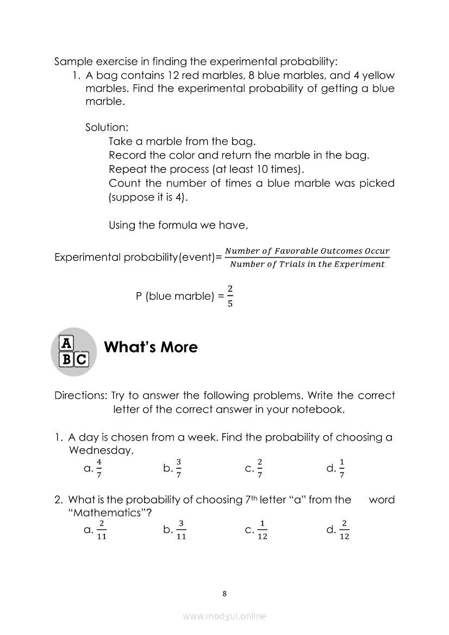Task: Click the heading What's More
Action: (151, 347)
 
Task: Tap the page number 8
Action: (224, 593)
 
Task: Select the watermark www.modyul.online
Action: (224, 616)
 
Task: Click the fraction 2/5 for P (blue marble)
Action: (230, 296)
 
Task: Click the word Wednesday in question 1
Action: (101, 450)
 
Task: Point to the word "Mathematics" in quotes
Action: (110, 513)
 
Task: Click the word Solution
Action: (107, 127)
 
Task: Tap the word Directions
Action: (81, 395)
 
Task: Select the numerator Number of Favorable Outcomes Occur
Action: (307, 251)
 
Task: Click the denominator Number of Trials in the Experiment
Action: (307, 265)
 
